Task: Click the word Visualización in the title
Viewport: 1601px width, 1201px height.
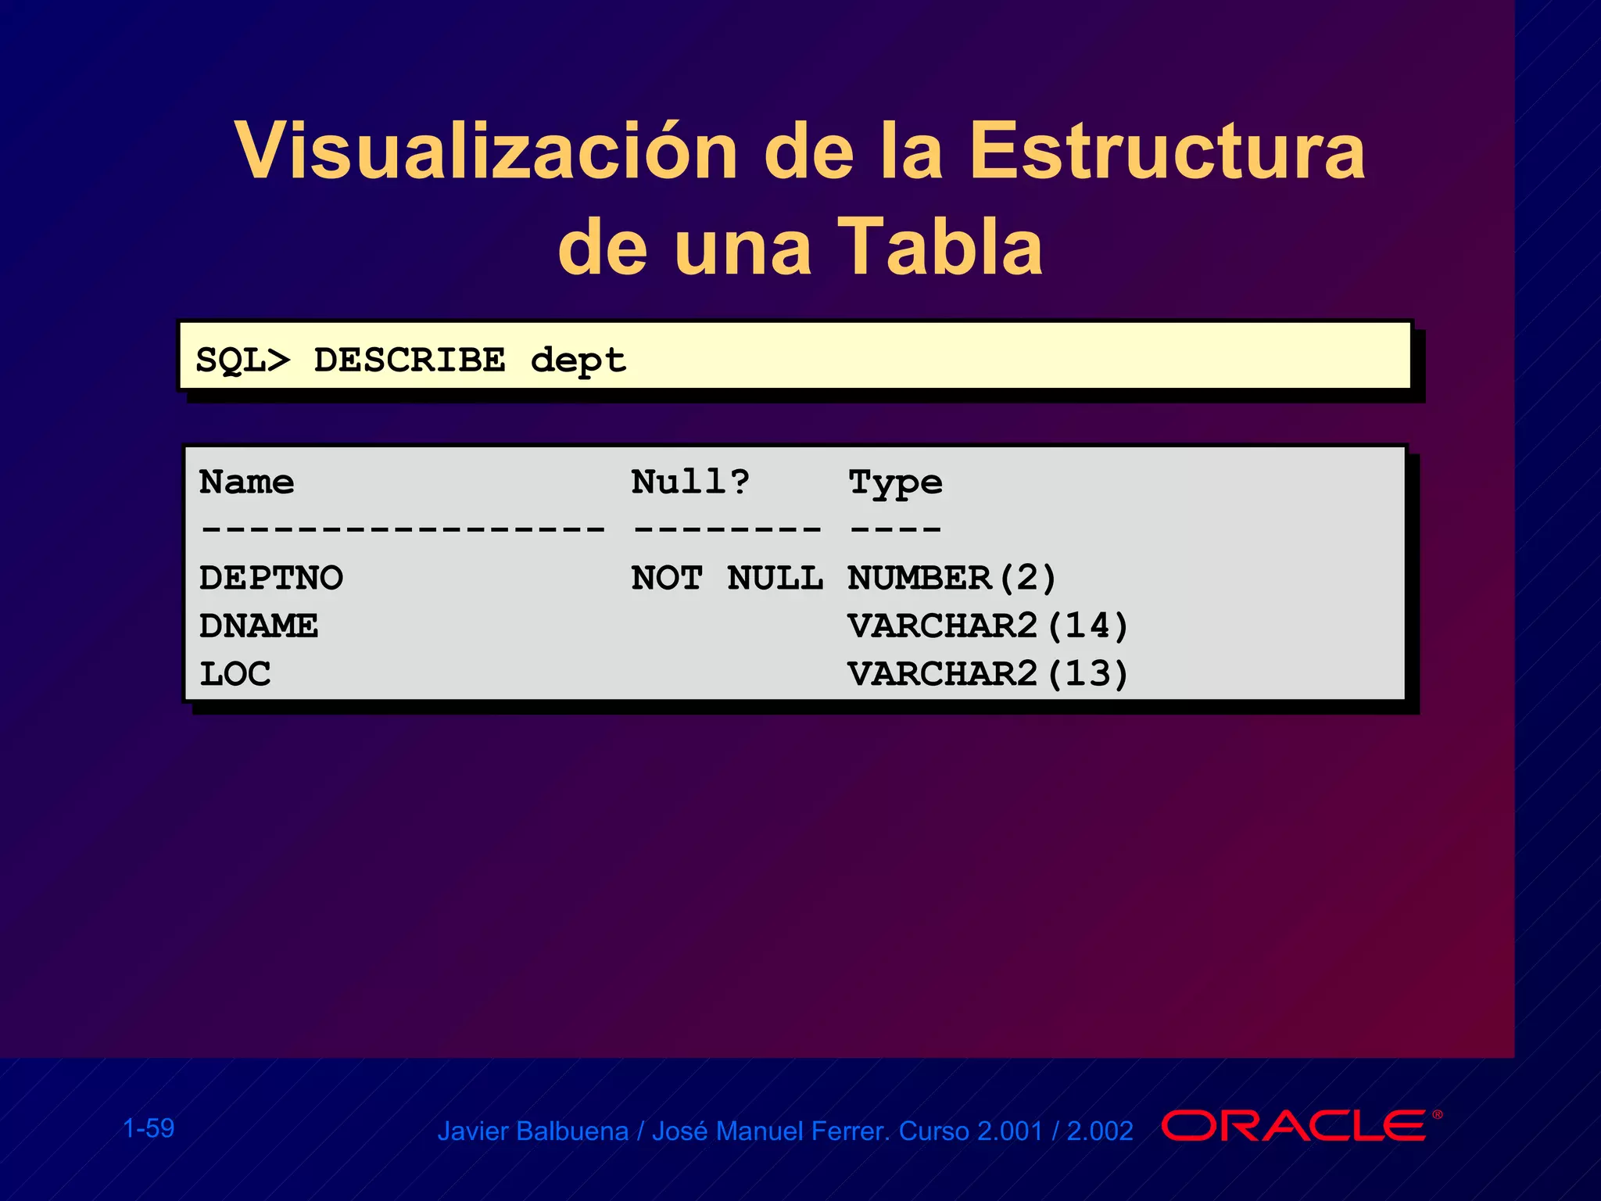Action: click(485, 151)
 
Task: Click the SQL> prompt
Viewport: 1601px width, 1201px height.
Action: click(242, 360)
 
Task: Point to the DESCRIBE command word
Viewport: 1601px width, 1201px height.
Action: click(410, 360)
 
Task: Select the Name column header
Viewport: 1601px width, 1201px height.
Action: click(246, 482)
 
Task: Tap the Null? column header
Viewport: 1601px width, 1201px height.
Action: click(690, 482)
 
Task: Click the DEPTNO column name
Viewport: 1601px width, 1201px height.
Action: click(271, 579)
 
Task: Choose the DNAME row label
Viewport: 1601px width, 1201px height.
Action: click(259, 626)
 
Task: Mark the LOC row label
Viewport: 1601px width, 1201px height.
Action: click(235, 674)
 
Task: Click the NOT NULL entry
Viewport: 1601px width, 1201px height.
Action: click(727, 579)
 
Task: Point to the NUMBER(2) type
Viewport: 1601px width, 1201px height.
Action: click(952, 579)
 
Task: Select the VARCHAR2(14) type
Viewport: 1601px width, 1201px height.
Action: click(988, 626)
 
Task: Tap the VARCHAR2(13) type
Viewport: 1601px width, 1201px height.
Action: click(988, 674)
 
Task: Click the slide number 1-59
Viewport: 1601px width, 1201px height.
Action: click(149, 1128)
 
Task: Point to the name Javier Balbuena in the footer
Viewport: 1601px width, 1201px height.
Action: click(532, 1131)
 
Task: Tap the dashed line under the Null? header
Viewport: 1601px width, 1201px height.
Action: click(727, 529)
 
